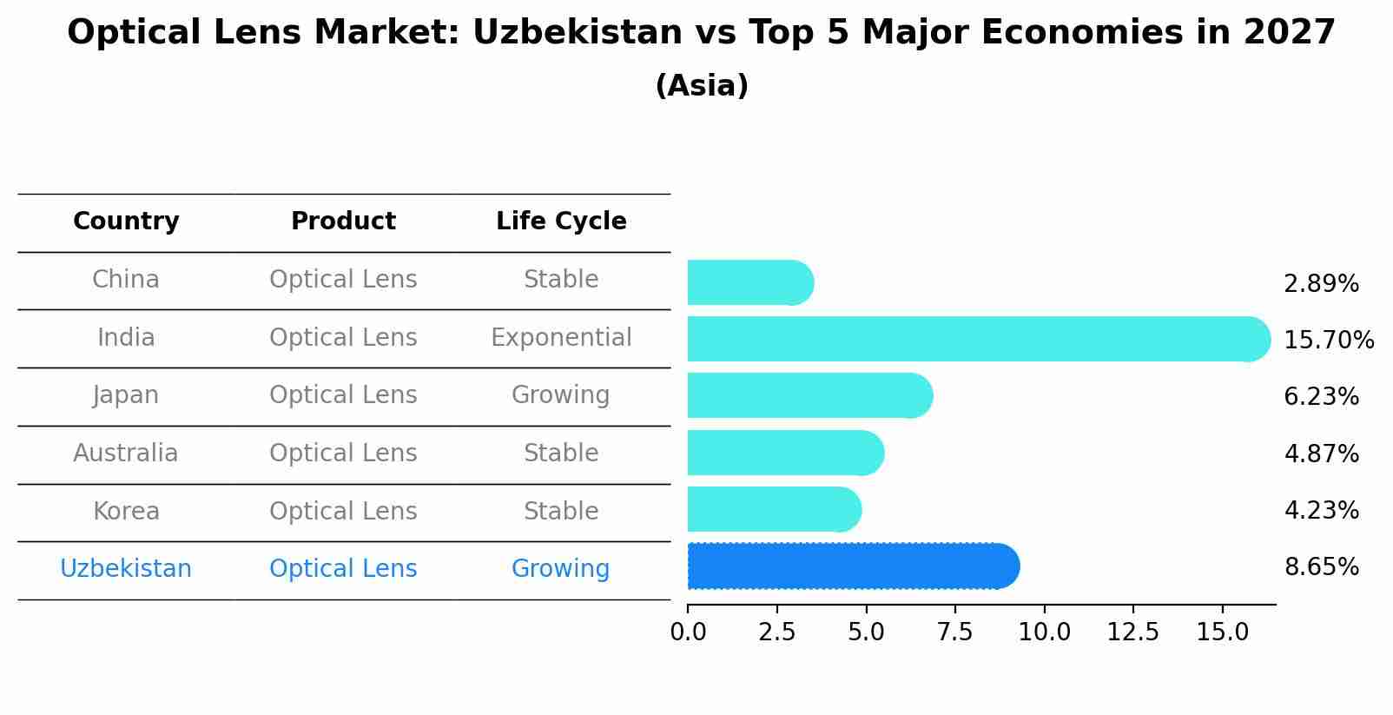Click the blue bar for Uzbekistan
851,566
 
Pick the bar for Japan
808,395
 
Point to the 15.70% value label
1328,340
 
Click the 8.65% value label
1321,567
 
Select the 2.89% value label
1321,283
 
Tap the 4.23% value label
1321,510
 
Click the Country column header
126,222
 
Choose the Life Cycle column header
561,222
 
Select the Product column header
343,222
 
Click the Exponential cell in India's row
561,337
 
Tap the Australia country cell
126,453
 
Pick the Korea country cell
126,511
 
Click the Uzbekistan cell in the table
126,568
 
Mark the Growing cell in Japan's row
561,394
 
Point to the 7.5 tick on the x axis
954,632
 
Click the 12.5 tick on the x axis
1132,632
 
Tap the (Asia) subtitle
702,86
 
